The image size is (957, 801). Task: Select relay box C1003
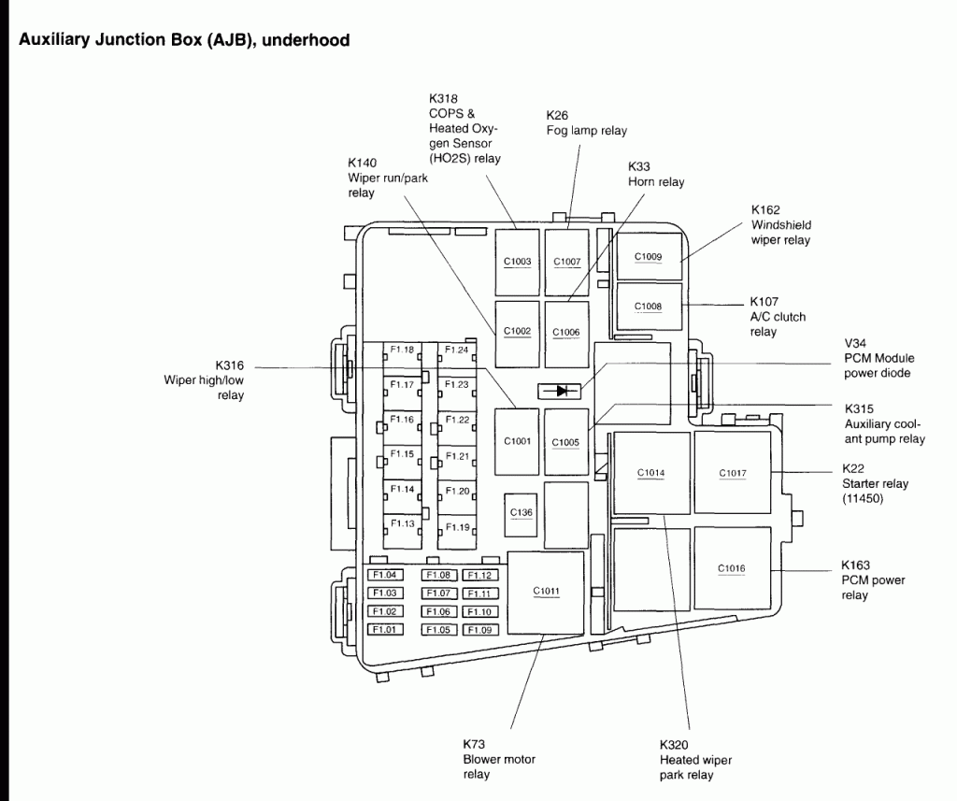[x=517, y=261]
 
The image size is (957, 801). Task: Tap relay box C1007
[x=566, y=261]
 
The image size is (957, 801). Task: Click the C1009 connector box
[x=648, y=256]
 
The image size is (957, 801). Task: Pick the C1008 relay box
[x=648, y=306]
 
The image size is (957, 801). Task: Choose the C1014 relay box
[x=650, y=473]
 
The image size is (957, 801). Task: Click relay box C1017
[x=733, y=473]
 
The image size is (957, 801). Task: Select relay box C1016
[x=732, y=567]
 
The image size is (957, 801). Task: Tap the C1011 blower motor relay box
[x=546, y=591]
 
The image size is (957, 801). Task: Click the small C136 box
[x=521, y=513]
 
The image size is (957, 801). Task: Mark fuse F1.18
[x=403, y=350]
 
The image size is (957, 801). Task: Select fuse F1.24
[x=456, y=350]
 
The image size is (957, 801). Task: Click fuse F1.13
[x=403, y=523]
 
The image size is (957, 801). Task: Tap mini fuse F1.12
[x=480, y=575]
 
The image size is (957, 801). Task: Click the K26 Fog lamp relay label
[x=586, y=123]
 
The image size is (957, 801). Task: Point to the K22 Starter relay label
[x=875, y=483]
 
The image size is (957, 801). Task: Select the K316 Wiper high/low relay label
[x=204, y=379]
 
